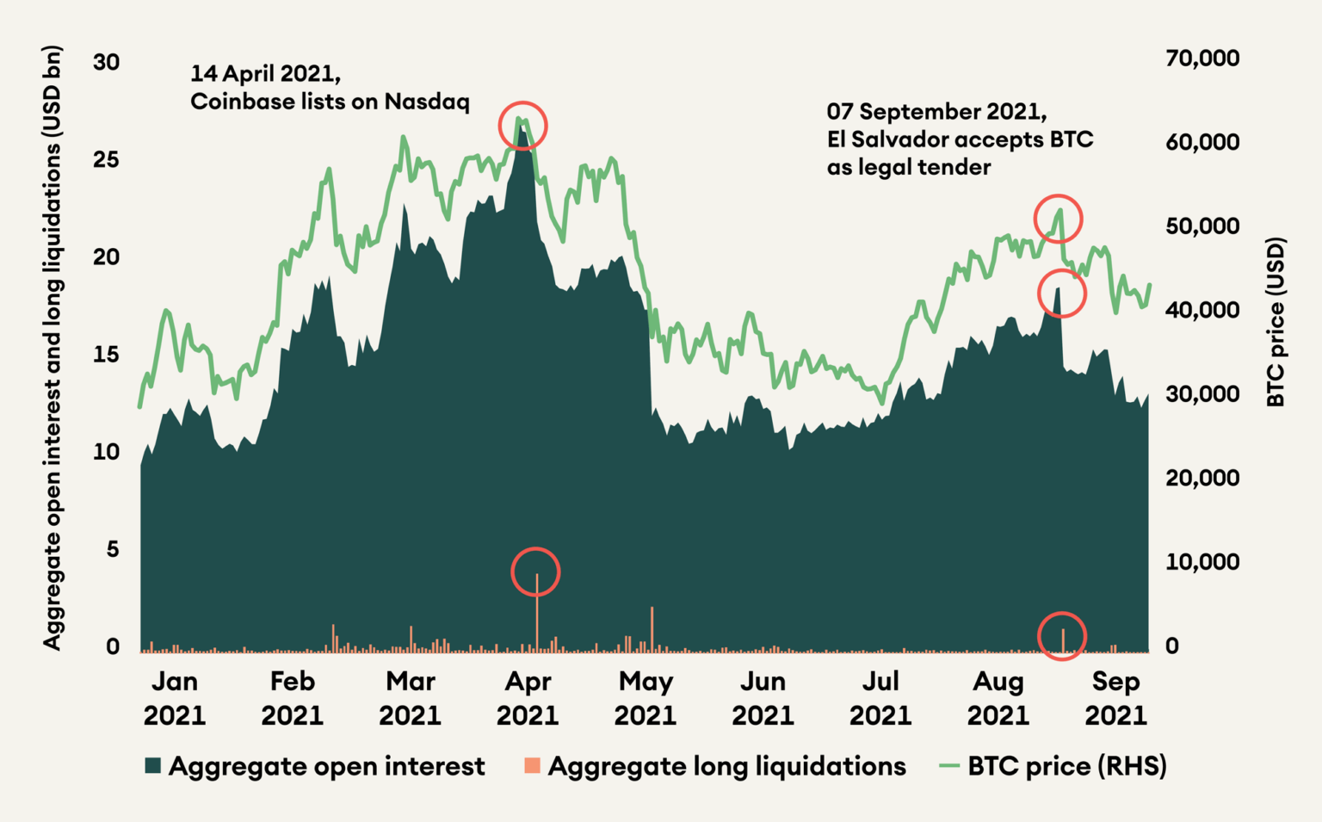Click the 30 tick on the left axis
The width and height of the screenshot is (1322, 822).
(x=106, y=62)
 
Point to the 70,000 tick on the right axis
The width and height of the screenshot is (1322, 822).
(x=1202, y=59)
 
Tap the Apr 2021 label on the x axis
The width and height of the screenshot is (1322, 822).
(x=527, y=698)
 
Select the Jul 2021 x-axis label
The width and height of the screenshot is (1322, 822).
(x=880, y=698)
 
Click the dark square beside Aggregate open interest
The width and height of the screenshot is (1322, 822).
(x=153, y=766)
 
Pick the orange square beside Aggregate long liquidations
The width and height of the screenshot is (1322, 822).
(x=532, y=765)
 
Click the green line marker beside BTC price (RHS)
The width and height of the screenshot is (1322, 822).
(x=948, y=765)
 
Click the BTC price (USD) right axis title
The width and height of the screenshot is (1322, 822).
(x=1276, y=322)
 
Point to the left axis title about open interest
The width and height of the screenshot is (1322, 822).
(x=53, y=348)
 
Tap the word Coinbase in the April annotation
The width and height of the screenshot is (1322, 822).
(x=242, y=102)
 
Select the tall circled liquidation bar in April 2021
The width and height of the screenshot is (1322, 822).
(x=537, y=611)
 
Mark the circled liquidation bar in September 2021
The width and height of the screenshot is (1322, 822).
(x=1063, y=640)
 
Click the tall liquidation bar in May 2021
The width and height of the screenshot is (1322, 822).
(x=652, y=628)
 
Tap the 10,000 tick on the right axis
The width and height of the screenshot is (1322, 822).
(x=1202, y=562)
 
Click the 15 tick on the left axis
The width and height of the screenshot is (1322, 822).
(x=106, y=355)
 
